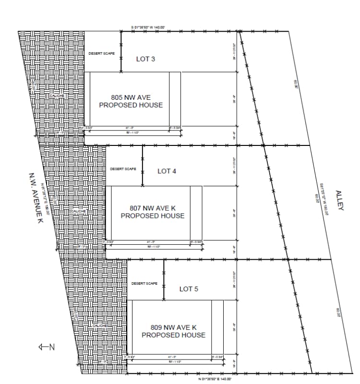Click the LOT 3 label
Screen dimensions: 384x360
click(x=145, y=59)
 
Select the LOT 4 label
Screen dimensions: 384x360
click(x=167, y=171)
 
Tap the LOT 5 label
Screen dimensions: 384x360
click(x=189, y=289)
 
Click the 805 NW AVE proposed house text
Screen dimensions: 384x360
click(x=131, y=101)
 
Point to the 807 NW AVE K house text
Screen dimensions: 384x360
click(x=152, y=212)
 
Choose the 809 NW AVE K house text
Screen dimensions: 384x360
click(x=173, y=331)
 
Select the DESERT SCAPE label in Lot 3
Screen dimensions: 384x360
click(x=102, y=53)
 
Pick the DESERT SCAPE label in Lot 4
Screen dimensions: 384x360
click(x=123, y=169)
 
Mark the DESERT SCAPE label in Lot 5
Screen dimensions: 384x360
click(x=144, y=284)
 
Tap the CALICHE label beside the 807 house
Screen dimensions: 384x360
click(x=78, y=211)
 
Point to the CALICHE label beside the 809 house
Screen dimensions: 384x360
click(x=99, y=326)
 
